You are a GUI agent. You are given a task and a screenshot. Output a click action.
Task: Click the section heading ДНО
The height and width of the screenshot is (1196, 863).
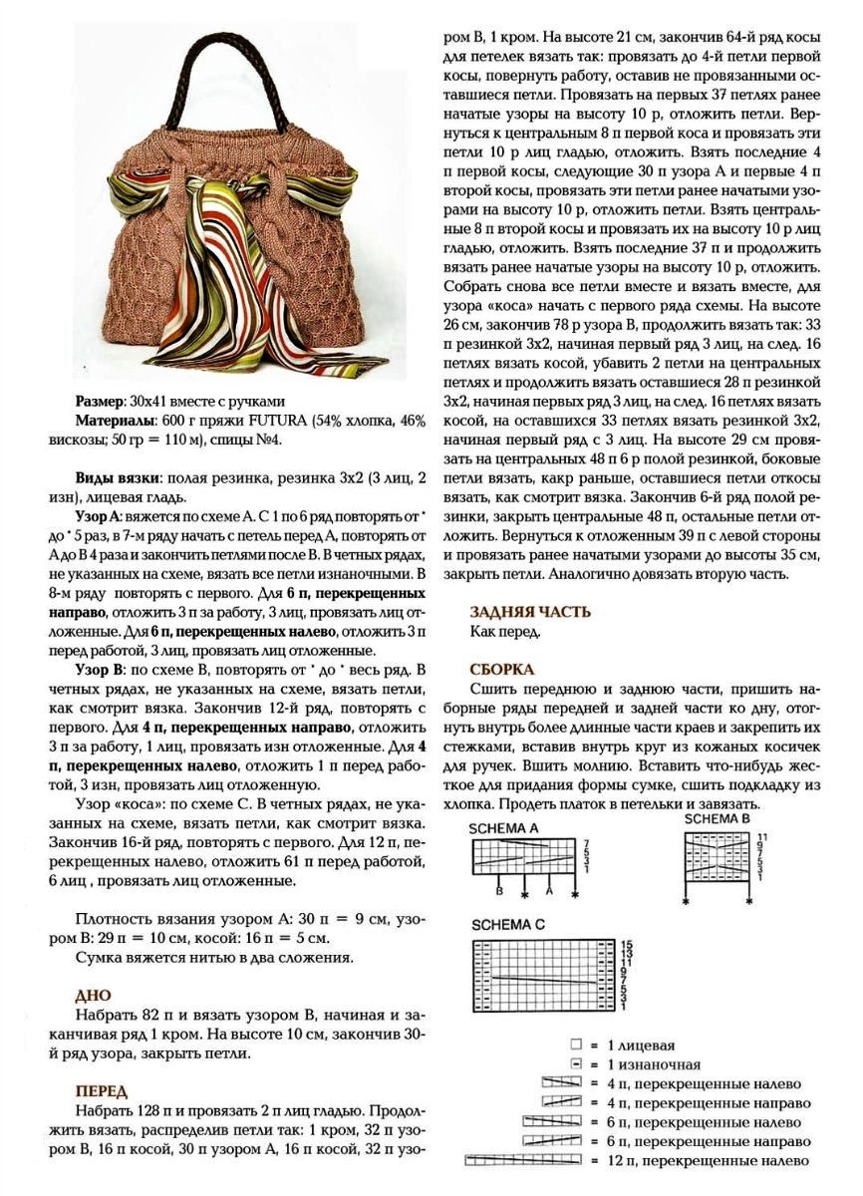93,995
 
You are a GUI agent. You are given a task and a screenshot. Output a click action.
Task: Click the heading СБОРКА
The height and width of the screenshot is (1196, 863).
503,670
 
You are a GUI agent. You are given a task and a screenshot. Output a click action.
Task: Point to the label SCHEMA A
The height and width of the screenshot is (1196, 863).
506,827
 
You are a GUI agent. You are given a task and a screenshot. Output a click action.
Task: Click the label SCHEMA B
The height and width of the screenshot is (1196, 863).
717,819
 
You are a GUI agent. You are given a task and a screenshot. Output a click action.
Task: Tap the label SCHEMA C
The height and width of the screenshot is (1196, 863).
508,924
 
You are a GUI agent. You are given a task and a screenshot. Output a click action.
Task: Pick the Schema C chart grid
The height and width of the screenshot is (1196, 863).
544,971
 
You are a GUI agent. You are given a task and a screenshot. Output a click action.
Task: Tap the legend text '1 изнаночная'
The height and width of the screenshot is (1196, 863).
645,1064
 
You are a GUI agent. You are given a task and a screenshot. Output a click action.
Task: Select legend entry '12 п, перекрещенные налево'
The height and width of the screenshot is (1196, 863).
698,1160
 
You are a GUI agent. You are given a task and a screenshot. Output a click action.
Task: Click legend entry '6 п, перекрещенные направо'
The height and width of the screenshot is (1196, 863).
699,1141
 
